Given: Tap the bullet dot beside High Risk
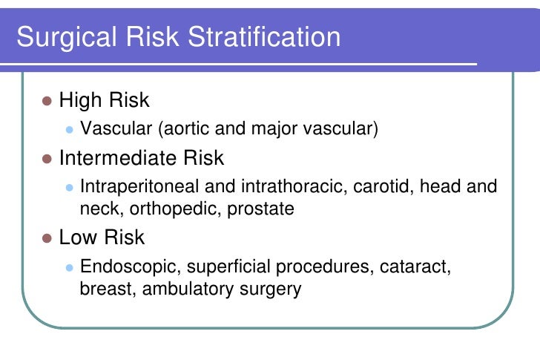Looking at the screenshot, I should pos(47,100).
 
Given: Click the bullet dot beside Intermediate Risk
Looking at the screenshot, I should pos(47,159).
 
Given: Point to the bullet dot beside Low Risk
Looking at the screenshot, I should pos(47,238).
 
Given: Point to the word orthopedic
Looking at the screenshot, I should pos(168,209).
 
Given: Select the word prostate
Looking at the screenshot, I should pos(257,209).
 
